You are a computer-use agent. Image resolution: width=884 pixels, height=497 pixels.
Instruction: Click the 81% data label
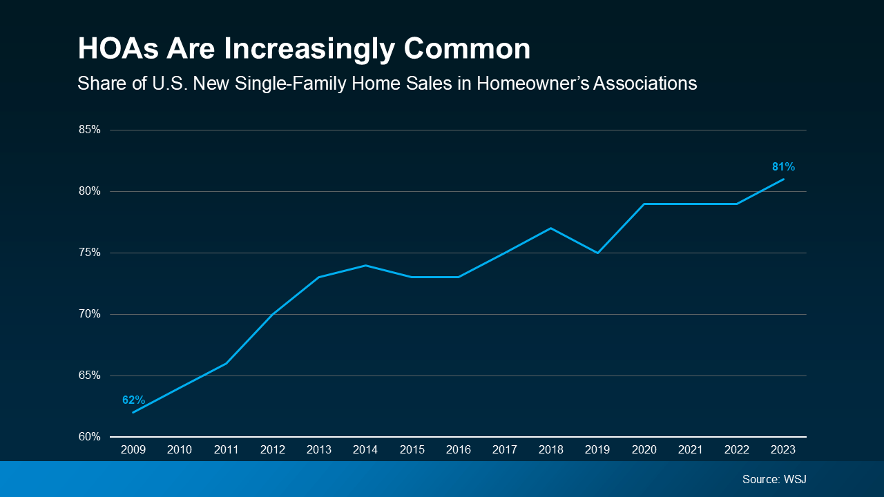pos(783,166)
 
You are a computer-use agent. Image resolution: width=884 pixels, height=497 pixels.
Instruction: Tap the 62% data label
pos(133,400)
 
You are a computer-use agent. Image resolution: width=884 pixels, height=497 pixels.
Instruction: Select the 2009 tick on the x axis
pos(133,449)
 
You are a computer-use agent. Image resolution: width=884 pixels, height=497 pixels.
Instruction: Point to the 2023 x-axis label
pos(783,449)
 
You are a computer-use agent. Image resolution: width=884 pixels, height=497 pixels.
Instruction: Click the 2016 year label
pos(459,449)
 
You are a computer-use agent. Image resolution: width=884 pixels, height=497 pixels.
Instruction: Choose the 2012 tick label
pos(273,449)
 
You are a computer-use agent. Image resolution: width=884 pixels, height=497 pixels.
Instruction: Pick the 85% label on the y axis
pos(90,130)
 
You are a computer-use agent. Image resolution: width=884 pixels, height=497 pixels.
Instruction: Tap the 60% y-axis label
pos(90,437)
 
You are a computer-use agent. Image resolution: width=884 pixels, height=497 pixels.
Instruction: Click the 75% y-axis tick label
pos(90,253)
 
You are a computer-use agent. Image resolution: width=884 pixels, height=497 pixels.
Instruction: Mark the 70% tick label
pos(90,314)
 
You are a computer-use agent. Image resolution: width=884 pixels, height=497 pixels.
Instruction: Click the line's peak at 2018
pos(551,228)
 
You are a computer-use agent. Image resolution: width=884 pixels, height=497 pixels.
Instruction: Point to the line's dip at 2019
pos(597,253)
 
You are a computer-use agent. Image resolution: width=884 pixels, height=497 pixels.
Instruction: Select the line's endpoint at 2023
pos(783,179)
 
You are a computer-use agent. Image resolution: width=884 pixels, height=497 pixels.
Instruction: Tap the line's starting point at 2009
pos(133,412)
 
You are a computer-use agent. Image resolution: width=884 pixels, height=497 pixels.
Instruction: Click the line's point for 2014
pos(365,265)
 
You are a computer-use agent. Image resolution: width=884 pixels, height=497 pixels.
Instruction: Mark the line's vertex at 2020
pos(644,204)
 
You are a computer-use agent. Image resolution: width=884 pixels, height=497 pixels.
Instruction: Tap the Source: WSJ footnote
pos(773,479)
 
